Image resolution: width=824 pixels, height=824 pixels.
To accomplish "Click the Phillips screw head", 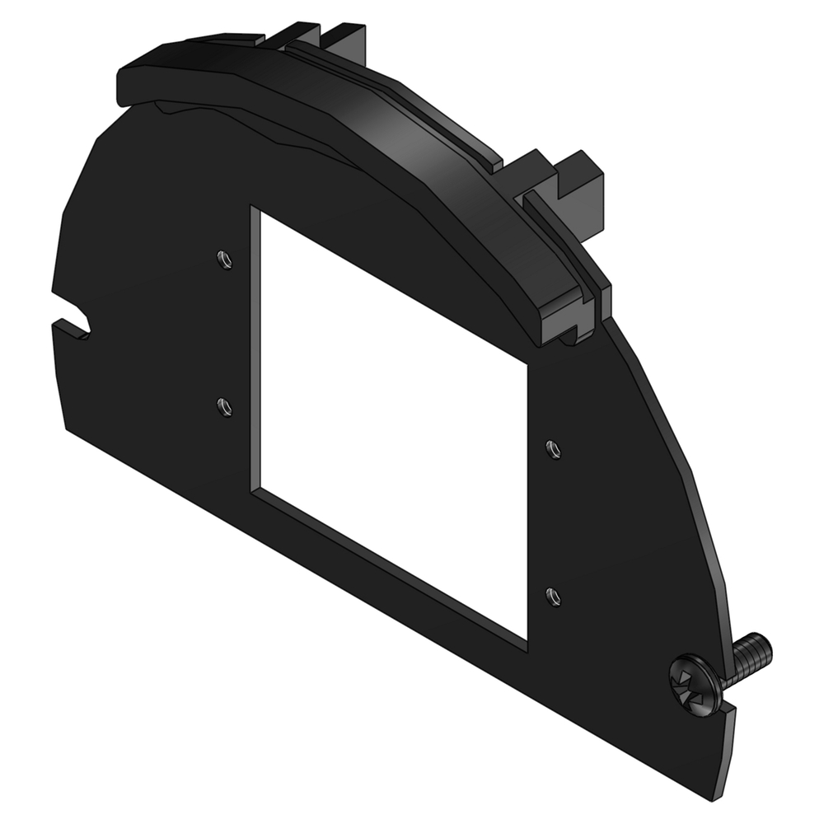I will (x=694, y=682).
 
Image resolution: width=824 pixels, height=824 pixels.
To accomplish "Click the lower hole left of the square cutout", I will (x=222, y=405).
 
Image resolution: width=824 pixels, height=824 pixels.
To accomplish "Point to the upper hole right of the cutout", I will (x=554, y=448).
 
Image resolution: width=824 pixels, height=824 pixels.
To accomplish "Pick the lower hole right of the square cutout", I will (x=554, y=594).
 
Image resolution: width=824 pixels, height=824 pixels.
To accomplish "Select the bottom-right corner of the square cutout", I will (x=527, y=640).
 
